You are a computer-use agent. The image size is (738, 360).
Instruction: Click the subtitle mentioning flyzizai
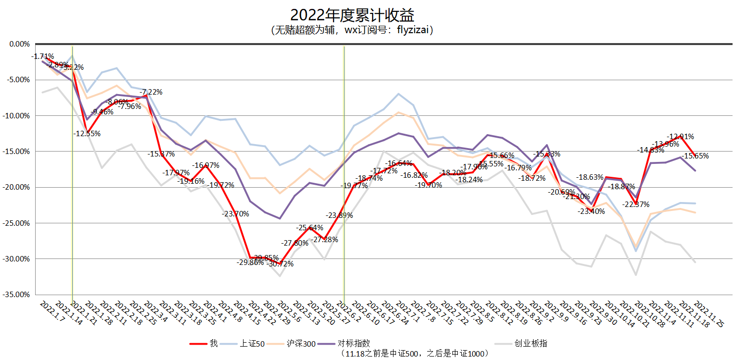(x=352, y=30)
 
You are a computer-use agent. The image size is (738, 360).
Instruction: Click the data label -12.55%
(x=87, y=133)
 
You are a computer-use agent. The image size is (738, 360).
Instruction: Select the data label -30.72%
(x=280, y=264)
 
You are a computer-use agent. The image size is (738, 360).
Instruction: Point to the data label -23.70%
(x=235, y=214)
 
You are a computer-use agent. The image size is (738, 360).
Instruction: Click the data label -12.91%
(x=681, y=136)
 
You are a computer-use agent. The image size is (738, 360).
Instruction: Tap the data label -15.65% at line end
(x=695, y=155)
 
